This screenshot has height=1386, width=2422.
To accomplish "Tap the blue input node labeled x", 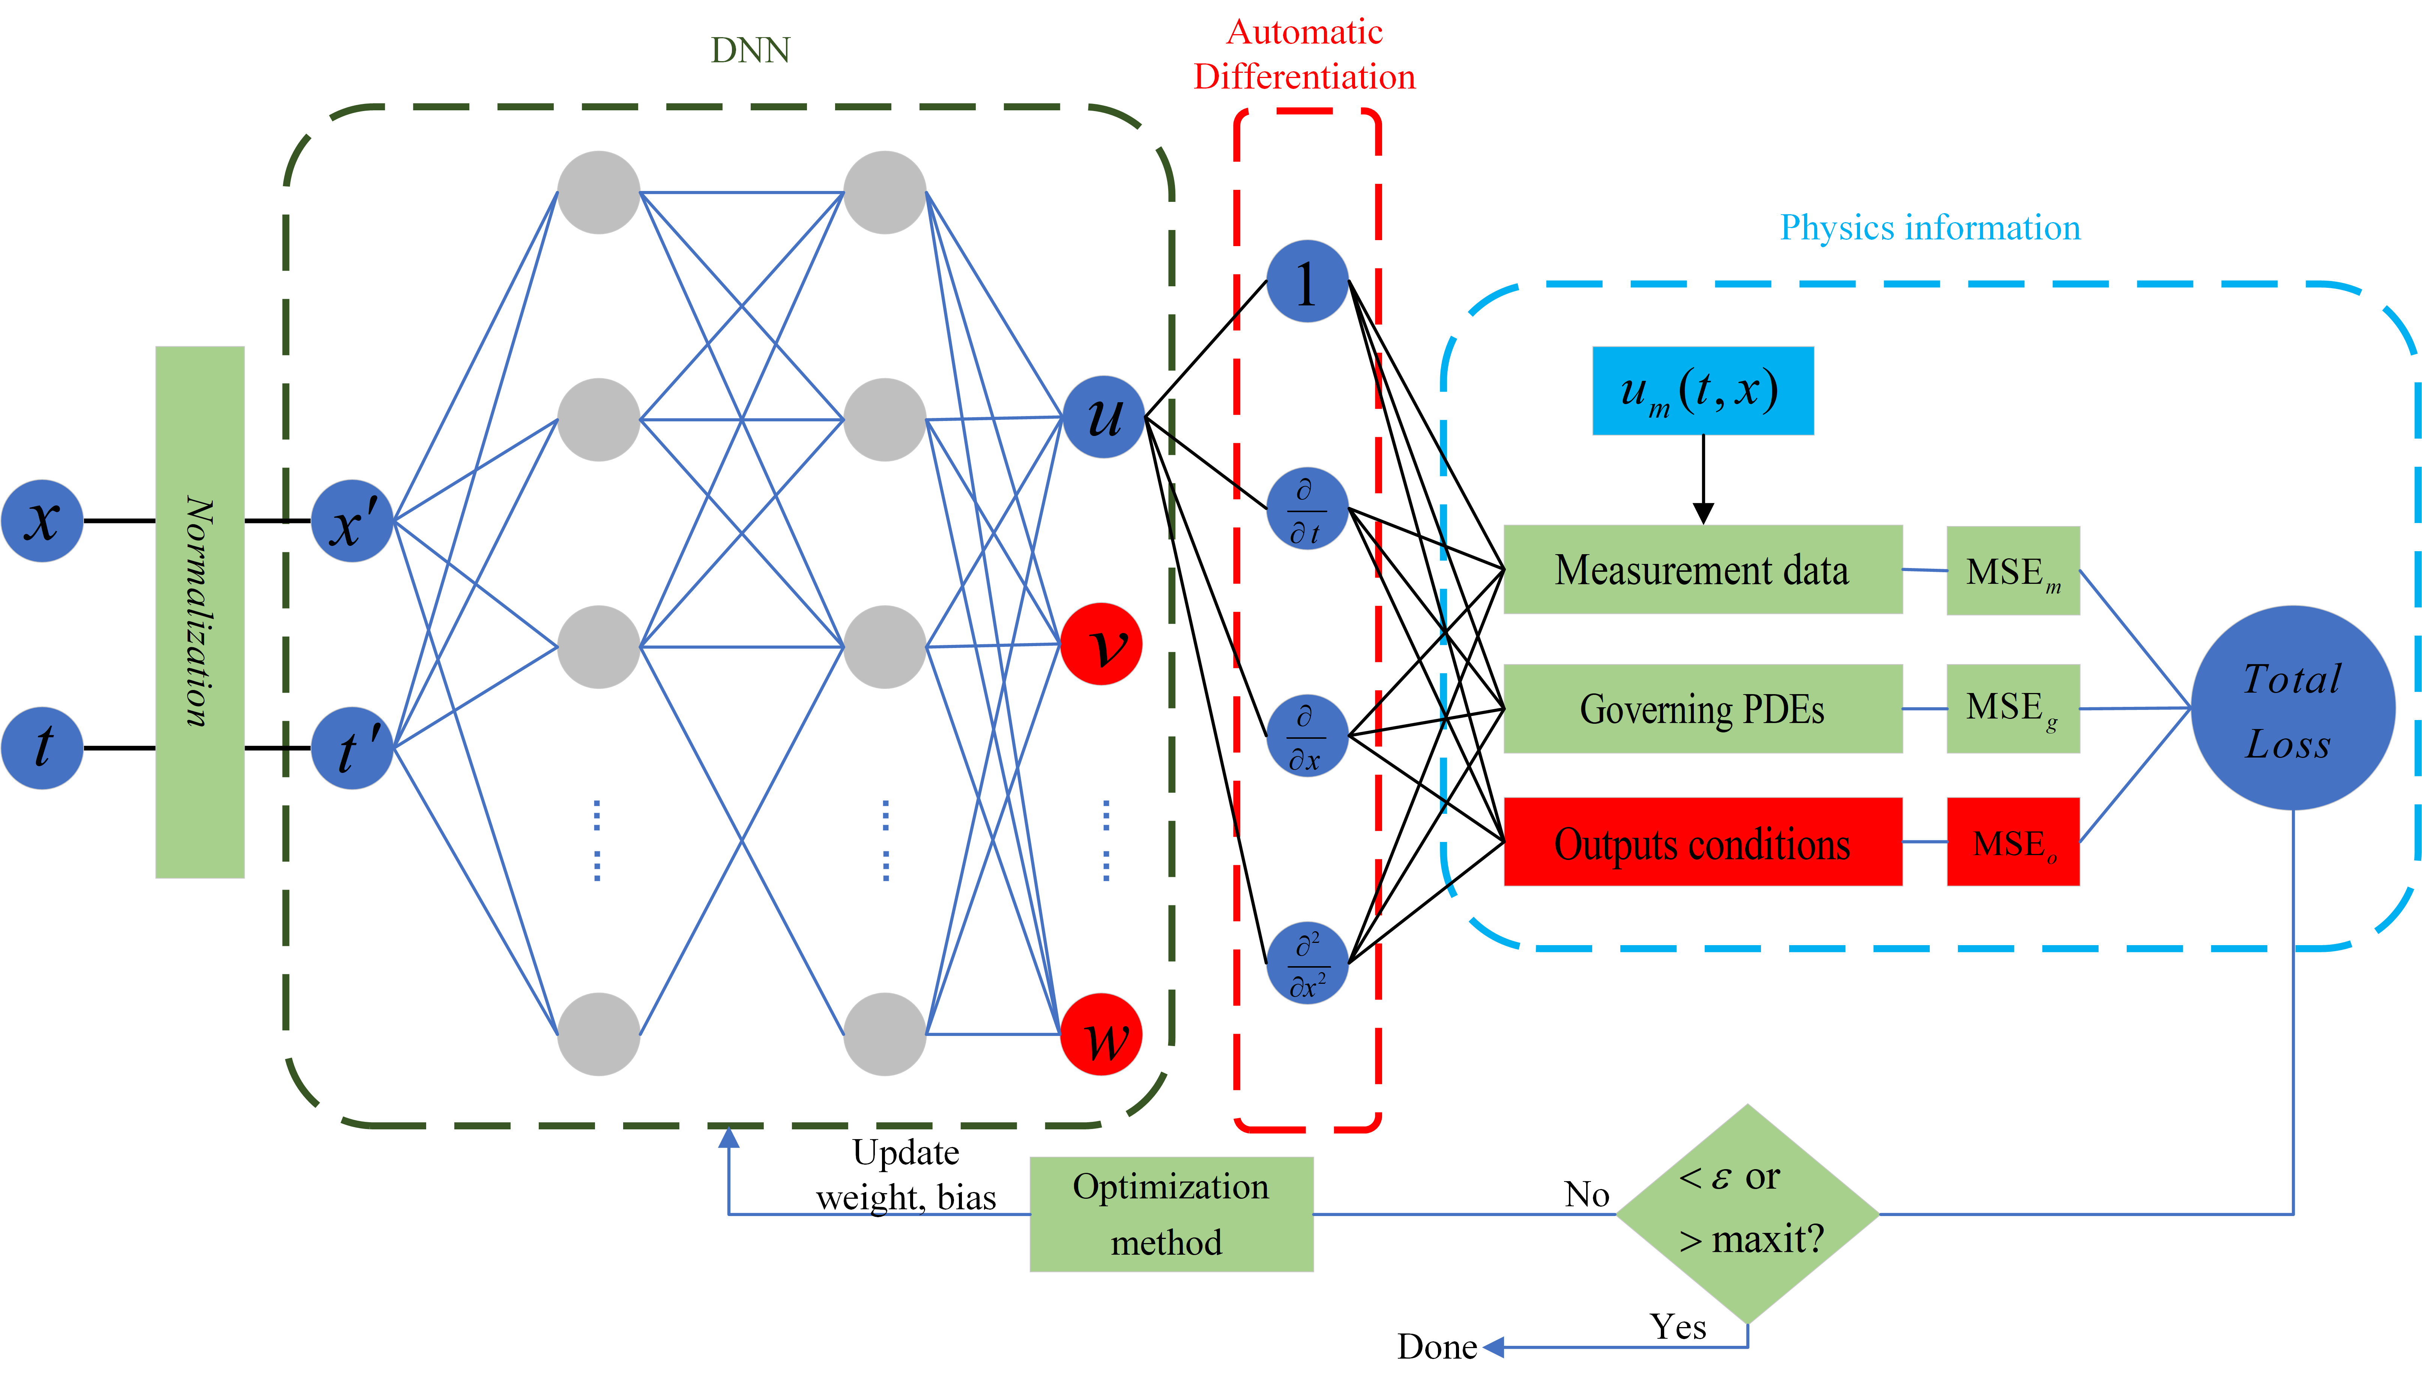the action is [x=43, y=521].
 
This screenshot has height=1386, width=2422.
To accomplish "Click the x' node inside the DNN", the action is [x=352, y=521].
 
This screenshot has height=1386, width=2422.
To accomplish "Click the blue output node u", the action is [x=1103, y=417].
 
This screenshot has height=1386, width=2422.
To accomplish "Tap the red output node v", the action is [x=1101, y=645].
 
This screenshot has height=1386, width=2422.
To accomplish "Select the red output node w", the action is [x=1101, y=1035].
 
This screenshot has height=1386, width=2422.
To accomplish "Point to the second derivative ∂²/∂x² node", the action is [x=1307, y=962].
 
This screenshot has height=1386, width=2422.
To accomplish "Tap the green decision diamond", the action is [x=1748, y=1214].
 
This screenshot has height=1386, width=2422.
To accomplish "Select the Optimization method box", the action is [x=1172, y=1214].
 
